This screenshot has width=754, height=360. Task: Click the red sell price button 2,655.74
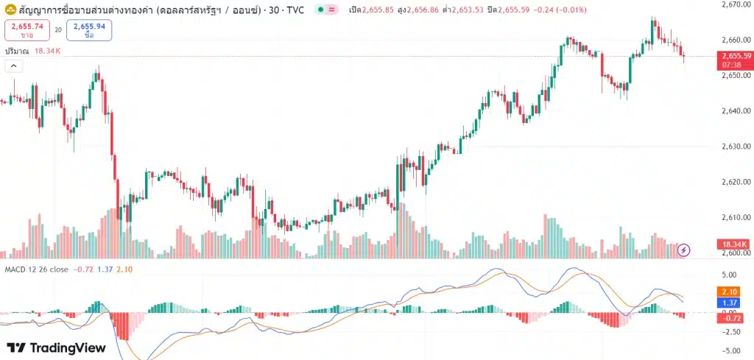[x=26, y=30]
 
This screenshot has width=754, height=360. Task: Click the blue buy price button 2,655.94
[x=89, y=30]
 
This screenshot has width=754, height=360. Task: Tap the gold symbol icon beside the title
[x=11, y=10]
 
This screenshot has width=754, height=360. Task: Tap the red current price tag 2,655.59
[x=736, y=56]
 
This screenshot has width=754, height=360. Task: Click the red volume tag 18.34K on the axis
[x=735, y=244]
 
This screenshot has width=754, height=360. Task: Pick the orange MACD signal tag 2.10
[x=730, y=292]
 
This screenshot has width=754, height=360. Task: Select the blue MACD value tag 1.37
[x=730, y=303]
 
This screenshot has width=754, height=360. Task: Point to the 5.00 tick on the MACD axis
[x=730, y=275]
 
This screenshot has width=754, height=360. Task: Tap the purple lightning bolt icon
[x=684, y=250]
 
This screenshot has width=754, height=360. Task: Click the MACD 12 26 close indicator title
[x=37, y=269]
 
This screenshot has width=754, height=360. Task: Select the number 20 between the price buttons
[x=57, y=30]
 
